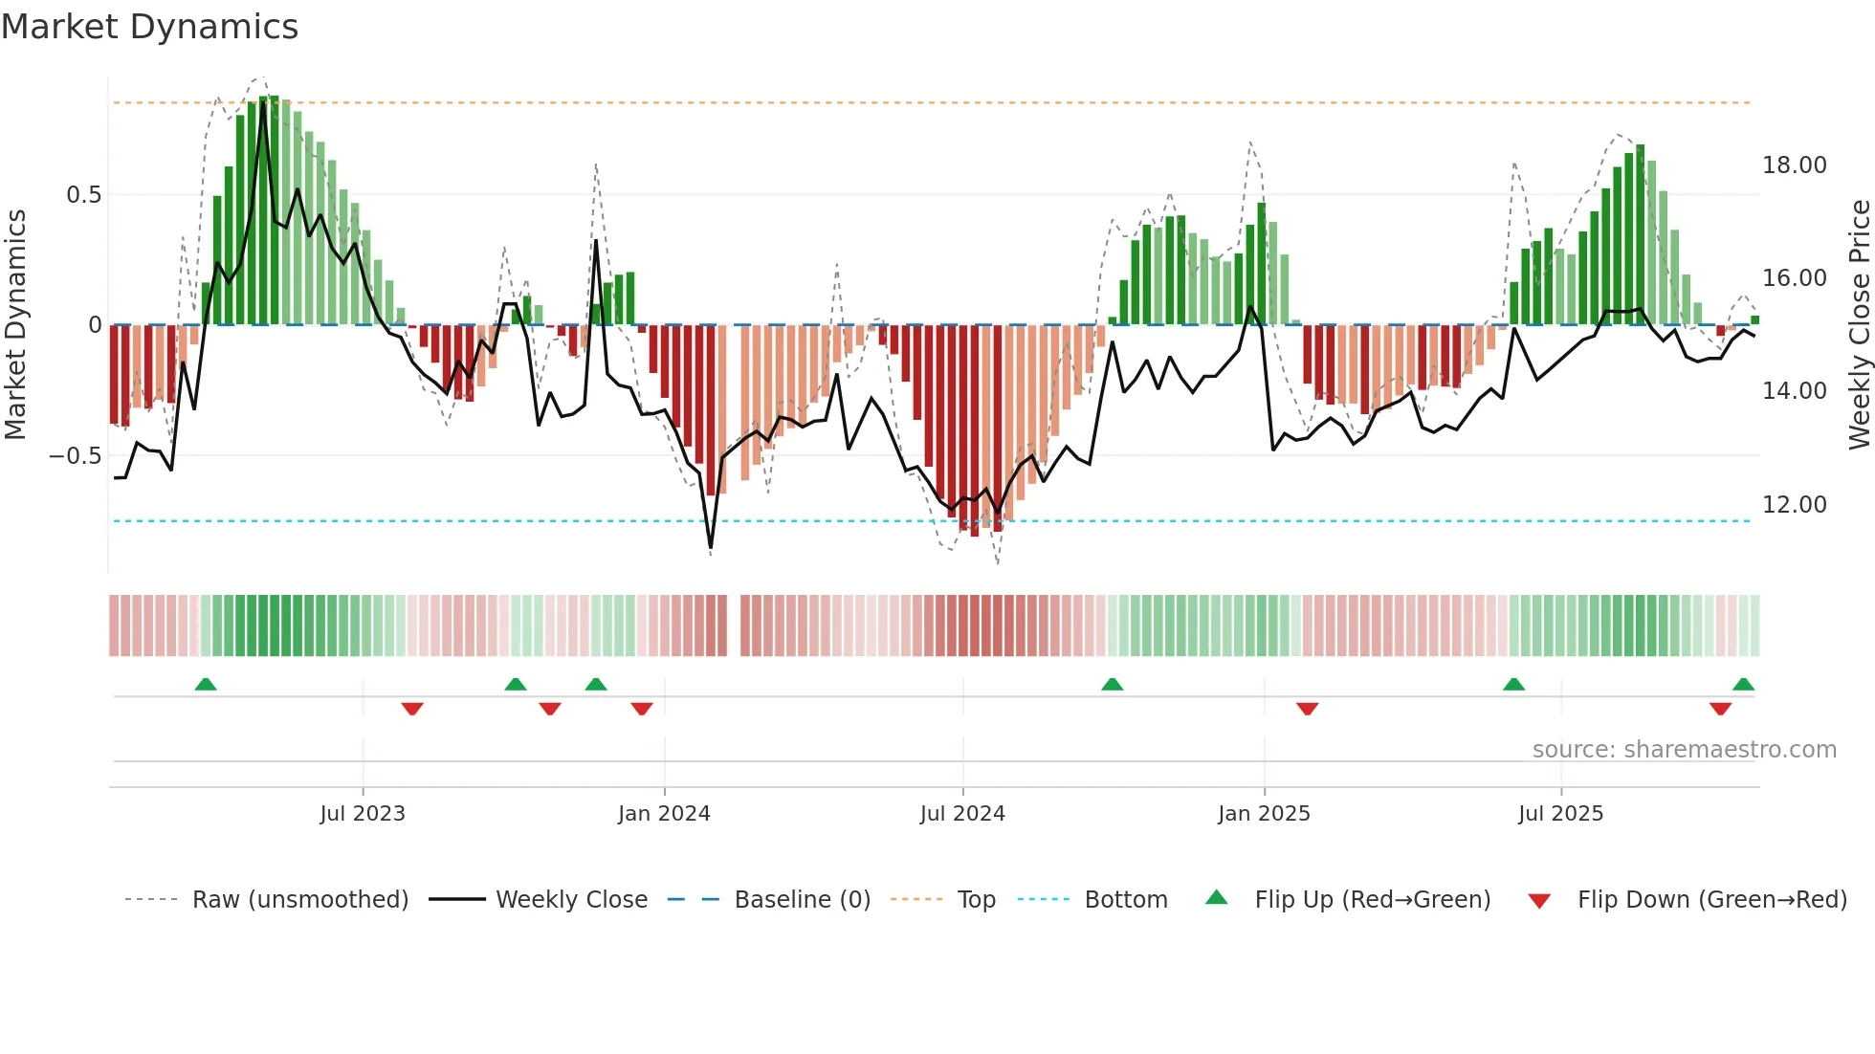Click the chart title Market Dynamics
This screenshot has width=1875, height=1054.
tap(150, 27)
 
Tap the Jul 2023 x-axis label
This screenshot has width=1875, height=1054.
tap(363, 814)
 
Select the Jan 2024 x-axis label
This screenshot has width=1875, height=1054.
tap(664, 814)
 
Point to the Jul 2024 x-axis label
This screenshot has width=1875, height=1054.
tap(962, 814)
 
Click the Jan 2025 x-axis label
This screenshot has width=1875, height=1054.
tap(1264, 814)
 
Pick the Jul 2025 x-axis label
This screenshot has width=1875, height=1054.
tap(1560, 814)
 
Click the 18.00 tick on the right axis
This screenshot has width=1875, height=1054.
tap(1795, 165)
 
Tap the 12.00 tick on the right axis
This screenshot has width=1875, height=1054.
tap(1795, 505)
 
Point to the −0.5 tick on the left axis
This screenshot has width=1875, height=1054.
tap(75, 456)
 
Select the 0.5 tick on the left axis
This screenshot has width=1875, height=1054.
tap(83, 195)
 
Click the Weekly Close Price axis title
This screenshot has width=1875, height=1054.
tap(1859, 325)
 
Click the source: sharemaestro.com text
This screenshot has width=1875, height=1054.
tap(1684, 750)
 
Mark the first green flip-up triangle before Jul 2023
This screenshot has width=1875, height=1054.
tap(206, 684)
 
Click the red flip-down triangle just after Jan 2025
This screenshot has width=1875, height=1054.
tap(1308, 709)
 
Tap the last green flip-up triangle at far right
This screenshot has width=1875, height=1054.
tap(1743, 684)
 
